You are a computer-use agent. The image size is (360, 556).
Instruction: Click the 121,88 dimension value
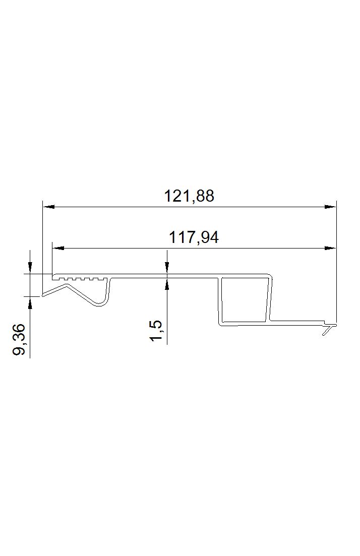[x=189, y=196]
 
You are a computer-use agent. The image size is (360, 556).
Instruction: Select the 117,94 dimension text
[x=194, y=237]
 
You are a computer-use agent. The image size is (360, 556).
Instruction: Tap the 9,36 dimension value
[x=19, y=339]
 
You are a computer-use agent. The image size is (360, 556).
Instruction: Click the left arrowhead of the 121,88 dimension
[x=48, y=206]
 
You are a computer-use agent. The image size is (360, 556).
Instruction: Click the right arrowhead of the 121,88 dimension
[x=330, y=206]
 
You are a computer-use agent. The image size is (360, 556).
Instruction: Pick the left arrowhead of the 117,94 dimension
[x=58, y=248]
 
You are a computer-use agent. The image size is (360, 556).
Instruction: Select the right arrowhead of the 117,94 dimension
[x=330, y=248]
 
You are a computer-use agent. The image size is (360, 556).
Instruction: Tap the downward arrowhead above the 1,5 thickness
[x=167, y=268]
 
